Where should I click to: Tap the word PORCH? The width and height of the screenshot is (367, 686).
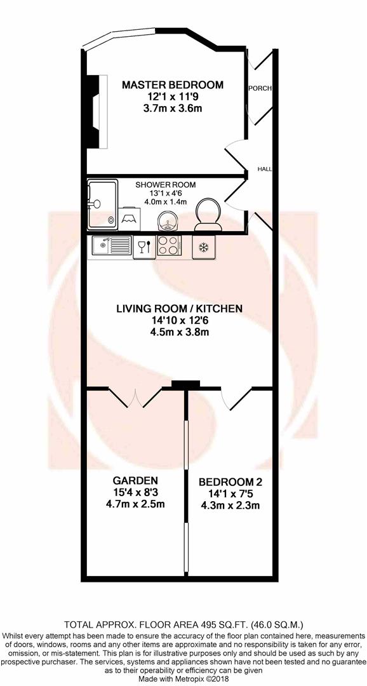tap(260, 89)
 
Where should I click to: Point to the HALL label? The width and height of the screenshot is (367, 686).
tap(265, 170)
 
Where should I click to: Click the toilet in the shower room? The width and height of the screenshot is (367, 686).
tap(208, 216)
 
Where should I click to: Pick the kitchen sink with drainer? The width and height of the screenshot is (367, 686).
tap(112, 245)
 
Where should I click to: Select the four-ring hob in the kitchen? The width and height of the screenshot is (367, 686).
tap(170, 245)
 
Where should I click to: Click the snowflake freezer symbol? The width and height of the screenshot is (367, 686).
tap(204, 246)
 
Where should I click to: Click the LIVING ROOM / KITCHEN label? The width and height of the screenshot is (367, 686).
tap(179, 309)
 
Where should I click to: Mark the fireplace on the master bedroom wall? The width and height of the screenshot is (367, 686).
tap(94, 111)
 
